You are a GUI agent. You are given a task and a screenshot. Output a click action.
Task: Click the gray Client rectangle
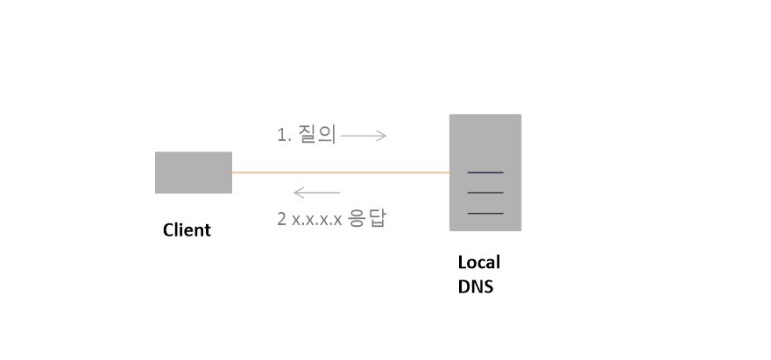click(x=194, y=173)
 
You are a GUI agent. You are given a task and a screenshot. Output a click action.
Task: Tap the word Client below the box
click(x=187, y=230)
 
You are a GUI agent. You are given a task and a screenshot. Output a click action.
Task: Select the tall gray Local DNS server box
click(x=485, y=140)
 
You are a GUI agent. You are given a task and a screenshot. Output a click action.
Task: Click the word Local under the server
click(x=479, y=262)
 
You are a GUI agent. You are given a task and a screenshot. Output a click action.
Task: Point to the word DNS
click(x=476, y=286)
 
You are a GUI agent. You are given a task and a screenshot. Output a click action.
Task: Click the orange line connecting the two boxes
click(x=342, y=173)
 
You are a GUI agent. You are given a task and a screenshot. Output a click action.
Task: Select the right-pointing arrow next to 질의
click(x=363, y=136)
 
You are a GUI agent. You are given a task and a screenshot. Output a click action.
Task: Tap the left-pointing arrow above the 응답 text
click(x=316, y=193)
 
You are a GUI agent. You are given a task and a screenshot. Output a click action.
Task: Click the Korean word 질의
click(x=317, y=135)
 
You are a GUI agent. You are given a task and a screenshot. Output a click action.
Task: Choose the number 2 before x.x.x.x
click(x=281, y=218)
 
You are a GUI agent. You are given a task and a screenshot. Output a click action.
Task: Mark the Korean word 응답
click(x=367, y=218)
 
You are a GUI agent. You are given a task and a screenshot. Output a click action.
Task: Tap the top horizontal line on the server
click(x=485, y=172)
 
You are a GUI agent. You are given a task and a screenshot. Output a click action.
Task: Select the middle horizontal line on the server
click(x=485, y=192)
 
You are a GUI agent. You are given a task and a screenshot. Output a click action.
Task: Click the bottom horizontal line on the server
click(x=485, y=213)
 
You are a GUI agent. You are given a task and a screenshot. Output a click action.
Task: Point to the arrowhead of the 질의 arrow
click(x=383, y=136)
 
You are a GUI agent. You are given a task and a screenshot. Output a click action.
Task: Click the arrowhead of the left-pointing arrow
click(x=296, y=193)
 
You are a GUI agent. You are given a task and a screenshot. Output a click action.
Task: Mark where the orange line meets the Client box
click(x=232, y=173)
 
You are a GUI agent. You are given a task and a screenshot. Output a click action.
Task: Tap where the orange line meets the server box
click(x=449, y=173)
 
